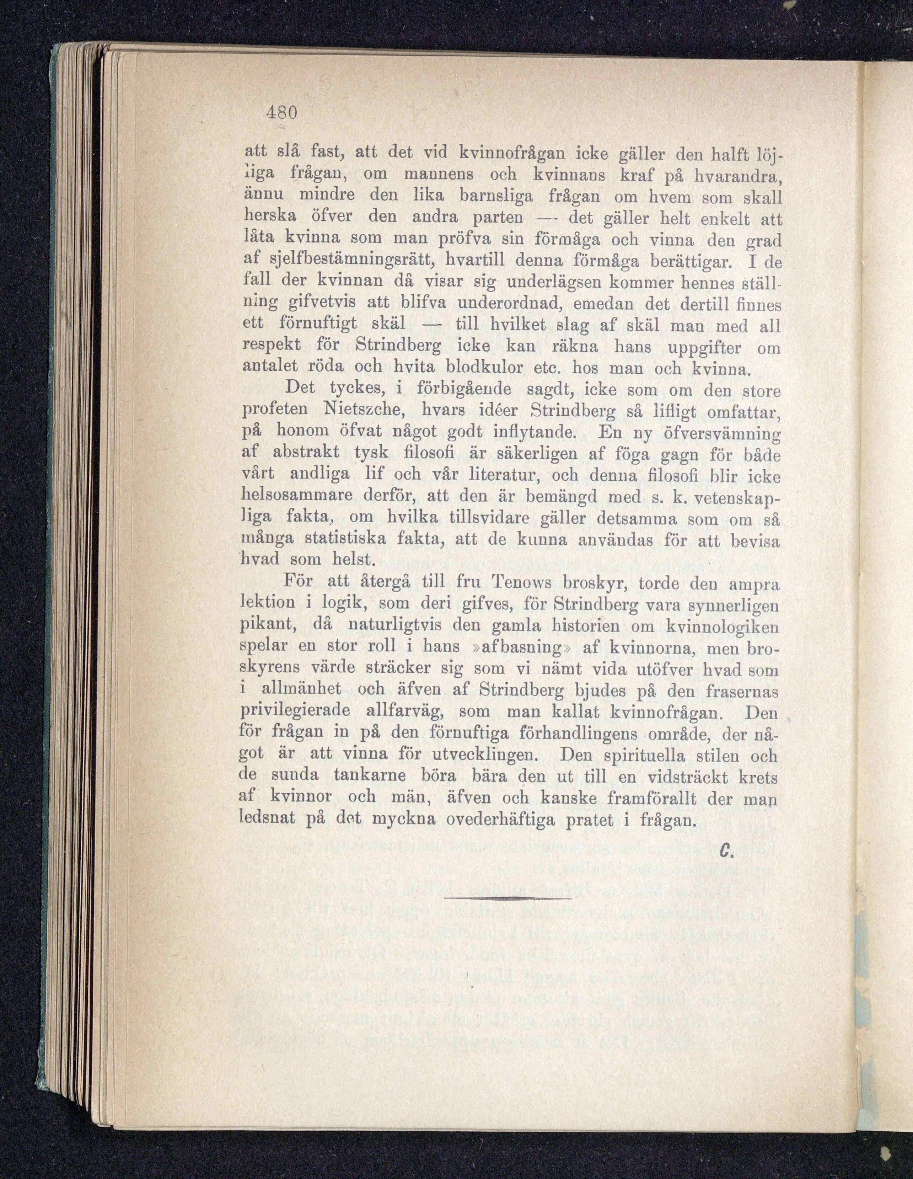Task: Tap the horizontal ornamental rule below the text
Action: click(x=508, y=898)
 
